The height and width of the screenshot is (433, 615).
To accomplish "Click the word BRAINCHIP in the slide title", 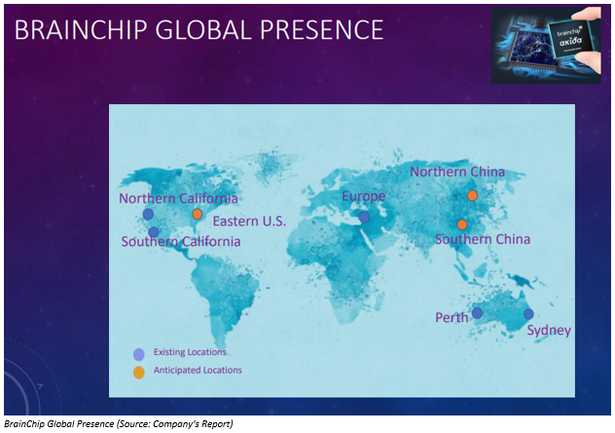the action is coord(81,30).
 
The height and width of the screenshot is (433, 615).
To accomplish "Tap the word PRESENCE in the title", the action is coord(322,30).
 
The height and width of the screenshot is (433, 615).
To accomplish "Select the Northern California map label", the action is coord(178,198).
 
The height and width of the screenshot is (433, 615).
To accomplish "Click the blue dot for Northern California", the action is coord(148,214).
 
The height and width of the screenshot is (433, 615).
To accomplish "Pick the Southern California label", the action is coord(181,241).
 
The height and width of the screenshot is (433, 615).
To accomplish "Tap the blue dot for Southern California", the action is coord(154,233).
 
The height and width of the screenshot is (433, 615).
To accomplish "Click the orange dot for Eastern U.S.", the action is coord(197,214).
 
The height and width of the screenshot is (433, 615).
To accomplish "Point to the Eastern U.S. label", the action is coord(249,221).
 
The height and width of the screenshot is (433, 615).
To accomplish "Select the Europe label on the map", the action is coord(364,197).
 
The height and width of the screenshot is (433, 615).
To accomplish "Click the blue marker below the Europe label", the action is coord(364,217).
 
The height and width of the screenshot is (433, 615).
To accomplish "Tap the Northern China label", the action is coord(457,172).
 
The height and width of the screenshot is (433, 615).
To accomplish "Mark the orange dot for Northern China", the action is coord(472,196).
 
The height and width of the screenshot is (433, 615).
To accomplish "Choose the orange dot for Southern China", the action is coord(462,225).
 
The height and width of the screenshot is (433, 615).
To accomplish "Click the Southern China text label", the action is coord(483,239).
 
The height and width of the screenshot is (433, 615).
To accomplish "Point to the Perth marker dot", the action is coord(477,313).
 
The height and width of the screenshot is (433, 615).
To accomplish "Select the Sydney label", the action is coord(549,331).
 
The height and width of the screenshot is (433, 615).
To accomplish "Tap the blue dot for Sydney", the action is coord(528,314).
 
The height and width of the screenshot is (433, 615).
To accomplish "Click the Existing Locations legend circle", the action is coord(139,354).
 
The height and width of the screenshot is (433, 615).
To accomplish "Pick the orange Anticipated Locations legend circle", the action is coord(139,373).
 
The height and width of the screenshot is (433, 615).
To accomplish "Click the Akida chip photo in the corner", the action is coord(546,45).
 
